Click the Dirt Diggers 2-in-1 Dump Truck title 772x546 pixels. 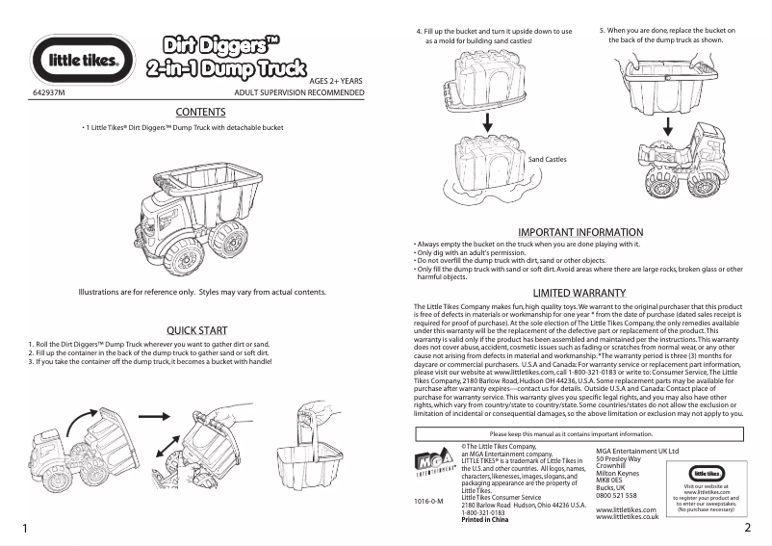pyautogui.click(x=214, y=56)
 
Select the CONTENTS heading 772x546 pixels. pyautogui.click(x=201, y=113)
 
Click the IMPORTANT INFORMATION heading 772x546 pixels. pyautogui.click(x=580, y=232)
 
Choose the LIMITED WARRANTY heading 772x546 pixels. pyautogui.click(x=579, y=293)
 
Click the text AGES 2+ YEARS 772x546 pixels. pyautogui.click(x=336, y=82)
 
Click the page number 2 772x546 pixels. pyautogui.click(x=747, y=529)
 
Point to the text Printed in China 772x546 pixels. pyautogui.click(x=485, y=520)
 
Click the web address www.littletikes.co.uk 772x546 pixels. pyautogui.click(x=628, y=517)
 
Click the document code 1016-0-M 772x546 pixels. pyautogui.click(x=428, y=503)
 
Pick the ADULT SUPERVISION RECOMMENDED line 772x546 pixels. pyautogui.click(x=299, y=92)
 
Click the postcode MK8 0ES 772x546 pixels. pyautogui.click(x=610, y=481)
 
